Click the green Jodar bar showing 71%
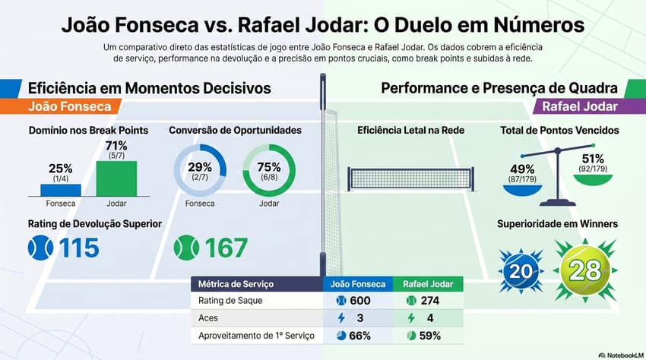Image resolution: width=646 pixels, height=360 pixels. pyautogui.click(x=116, y=178)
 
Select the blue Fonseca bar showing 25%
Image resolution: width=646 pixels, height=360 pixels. pyautogui.click(x=59, y=190)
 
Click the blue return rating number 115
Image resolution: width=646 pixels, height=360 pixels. pyautogui.click(x=79, y=248)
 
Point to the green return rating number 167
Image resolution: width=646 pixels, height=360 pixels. pyautogui.click(x=225, y=248)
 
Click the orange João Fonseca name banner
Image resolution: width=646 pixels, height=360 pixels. pyautogui.click(x=68, y=107)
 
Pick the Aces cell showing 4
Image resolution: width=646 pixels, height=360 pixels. pyautogui.click(x=430, y=318)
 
